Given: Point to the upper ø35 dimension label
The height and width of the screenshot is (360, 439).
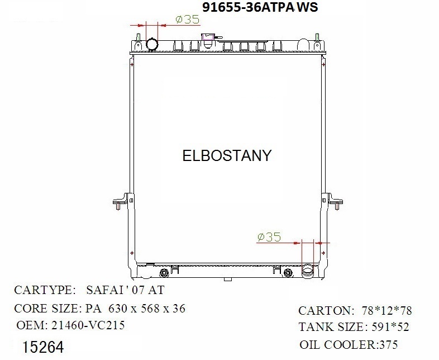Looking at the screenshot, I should [x=187, y=19].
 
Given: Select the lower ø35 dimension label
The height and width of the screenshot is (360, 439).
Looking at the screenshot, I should [x=269, y=237].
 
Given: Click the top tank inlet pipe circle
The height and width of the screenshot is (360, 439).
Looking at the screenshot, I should [x=152, y=44].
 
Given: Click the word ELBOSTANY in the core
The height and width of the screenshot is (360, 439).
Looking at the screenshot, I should [x=227, y=155].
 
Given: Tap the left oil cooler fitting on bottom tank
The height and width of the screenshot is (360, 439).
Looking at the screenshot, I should [x=164, y=273].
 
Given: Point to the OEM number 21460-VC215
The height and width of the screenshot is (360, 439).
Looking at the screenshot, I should [x=86, y=325].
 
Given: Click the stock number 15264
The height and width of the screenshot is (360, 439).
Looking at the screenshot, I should [x=44, y=347].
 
